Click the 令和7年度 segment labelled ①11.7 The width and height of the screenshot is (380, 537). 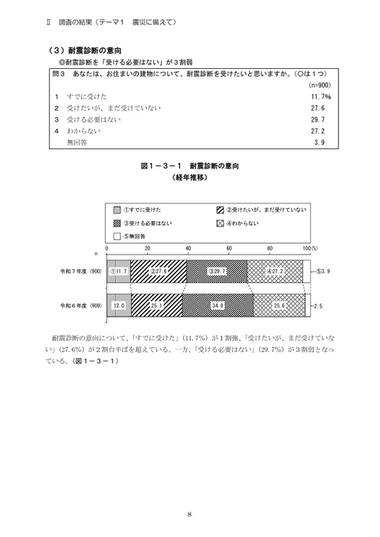click(x=119, y=271)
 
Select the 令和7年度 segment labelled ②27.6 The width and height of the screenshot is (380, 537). click(x=159, y=271)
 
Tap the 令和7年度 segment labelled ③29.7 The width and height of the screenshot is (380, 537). click(x=217, y=271)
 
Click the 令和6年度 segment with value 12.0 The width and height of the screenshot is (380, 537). click(x=119, y=304)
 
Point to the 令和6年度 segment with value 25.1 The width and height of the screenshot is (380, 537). click(x=156, y=304)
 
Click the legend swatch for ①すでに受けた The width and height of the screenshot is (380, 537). click(x=117, y=210)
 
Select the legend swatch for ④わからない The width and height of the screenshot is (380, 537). click(x=220, y=223)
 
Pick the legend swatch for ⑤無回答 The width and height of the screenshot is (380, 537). click(x=117, y=237)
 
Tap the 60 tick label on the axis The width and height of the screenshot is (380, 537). click(x=228, y=250)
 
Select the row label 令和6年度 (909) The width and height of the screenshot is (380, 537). click(x=82, y=304)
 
